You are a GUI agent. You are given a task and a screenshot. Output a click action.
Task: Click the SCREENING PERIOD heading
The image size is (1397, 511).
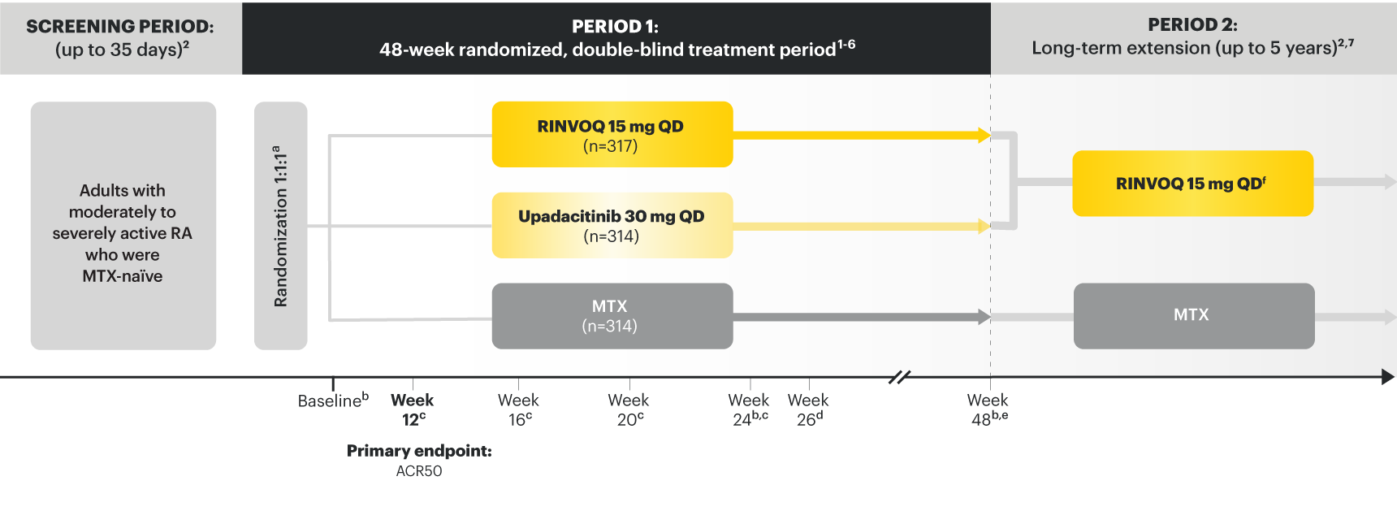point(120,26)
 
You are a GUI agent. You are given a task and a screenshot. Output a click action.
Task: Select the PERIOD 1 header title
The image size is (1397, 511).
point(615,26)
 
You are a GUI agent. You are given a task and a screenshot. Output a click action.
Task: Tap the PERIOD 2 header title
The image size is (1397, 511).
point(1192,24)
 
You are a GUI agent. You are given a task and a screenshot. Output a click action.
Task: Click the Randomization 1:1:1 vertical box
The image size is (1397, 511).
point(280,226)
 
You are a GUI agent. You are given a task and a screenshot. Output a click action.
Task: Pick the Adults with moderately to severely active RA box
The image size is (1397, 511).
point(123,226)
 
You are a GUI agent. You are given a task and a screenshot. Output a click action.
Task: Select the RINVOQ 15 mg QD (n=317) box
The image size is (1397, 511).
point(612,134)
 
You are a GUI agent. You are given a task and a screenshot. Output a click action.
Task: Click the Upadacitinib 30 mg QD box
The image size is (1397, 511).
point(612,225)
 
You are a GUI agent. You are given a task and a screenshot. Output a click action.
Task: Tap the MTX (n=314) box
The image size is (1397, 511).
point(612,316)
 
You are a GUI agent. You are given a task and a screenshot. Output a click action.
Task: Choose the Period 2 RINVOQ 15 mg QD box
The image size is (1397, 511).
point(1192,184)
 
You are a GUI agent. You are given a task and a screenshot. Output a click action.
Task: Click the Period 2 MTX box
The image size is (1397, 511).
point(1194,316)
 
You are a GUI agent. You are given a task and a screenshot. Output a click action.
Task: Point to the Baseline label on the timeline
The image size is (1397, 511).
point(333,400)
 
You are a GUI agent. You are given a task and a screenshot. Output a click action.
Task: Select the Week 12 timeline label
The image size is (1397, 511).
point(413,409)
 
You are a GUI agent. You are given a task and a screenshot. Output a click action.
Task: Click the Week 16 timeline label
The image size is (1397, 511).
point(519,409)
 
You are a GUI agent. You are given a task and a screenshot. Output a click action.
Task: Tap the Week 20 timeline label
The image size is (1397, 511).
point(629,409)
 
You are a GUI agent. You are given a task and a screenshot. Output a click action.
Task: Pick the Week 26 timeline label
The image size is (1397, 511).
point(808,409)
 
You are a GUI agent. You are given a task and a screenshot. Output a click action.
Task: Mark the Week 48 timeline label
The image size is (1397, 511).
point(988,409)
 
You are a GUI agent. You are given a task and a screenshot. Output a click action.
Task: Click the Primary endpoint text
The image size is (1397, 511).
point(419,451)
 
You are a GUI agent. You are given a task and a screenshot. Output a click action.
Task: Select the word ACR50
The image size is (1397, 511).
point(419,471)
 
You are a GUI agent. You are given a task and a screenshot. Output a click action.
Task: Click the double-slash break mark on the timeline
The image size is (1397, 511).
point(899,377)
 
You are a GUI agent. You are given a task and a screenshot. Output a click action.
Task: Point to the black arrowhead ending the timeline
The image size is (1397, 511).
point(1389,377)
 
